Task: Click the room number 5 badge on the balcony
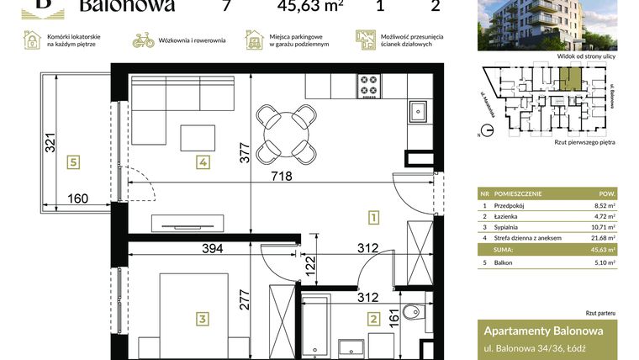click(75, 162)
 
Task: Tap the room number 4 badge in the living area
click(203, 162)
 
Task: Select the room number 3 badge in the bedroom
click(203, 318)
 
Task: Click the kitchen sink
click(418, 109)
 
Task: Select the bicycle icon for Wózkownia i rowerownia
click(143, 40)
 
